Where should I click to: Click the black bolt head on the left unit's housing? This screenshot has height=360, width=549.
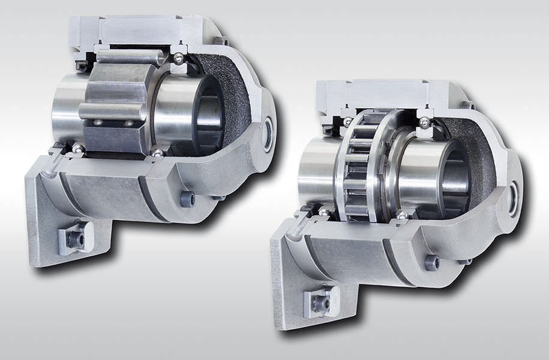(x=187, y=199)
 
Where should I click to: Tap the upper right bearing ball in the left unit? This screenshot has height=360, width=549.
(x=178, y=59)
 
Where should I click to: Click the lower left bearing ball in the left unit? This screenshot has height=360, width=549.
(x=78, y=148)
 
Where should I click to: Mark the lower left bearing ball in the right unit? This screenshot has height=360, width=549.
(x=324, y=211)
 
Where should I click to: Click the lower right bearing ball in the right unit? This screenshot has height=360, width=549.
(x=402, y=215)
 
